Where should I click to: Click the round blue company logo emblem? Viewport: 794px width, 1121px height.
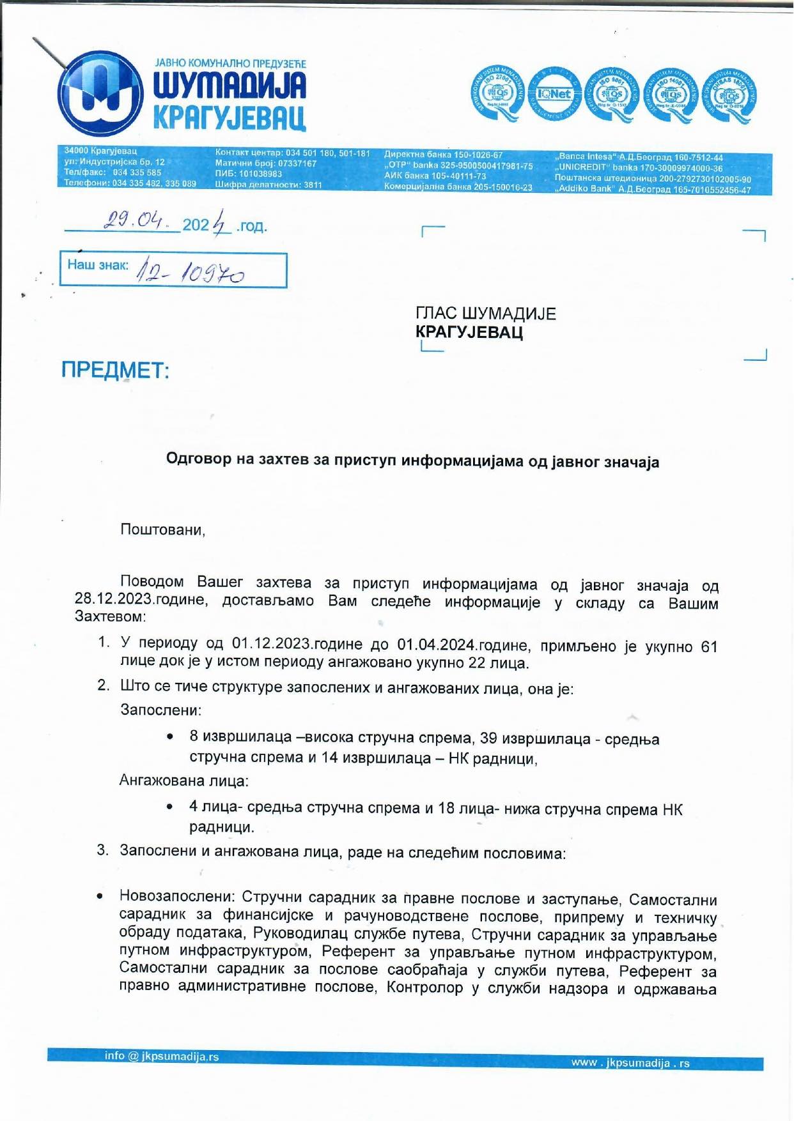click(100, 94)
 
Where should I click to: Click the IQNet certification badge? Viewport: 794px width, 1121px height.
click(554, 94)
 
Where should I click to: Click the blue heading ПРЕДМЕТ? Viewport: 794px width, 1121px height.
click(115, 370)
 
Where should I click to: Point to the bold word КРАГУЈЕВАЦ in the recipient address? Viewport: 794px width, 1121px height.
click(469, 332)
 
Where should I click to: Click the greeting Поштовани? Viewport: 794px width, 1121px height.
click(163, 530)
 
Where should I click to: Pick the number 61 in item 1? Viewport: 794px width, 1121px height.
click(709, 646)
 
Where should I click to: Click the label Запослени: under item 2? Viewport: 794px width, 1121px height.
click(160, 710)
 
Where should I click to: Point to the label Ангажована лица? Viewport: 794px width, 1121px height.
click(184, 781)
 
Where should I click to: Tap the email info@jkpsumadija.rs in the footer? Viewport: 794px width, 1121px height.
click(162, 1056)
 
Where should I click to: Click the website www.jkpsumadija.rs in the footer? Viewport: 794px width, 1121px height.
click(630, 1063)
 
